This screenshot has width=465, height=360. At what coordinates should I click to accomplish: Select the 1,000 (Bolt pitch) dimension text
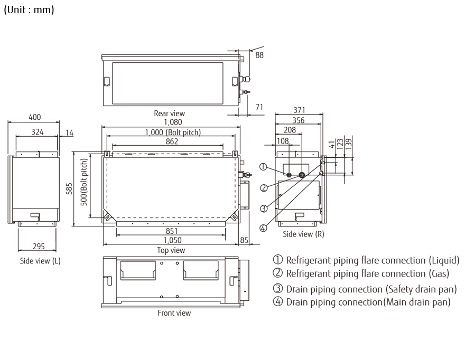(x=173, y=132)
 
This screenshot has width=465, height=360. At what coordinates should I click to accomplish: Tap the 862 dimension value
(x=172, y=141)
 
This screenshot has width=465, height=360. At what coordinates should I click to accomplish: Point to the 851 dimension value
(x=171, y=231)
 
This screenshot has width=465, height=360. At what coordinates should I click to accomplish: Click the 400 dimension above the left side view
(x=34, y=117)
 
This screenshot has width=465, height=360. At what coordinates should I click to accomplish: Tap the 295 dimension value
(x=38, y=246)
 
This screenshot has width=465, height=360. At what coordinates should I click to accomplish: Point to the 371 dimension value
(x=299, y=110)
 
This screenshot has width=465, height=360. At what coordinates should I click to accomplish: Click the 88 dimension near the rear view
(x=259, y=54)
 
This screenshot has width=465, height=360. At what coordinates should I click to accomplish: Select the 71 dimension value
(x=259, y=107)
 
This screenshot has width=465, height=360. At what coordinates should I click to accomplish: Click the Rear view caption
(x=169, y=113)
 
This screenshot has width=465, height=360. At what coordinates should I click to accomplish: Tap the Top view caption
(x=171, y=250)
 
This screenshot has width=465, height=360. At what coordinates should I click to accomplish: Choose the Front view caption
(x=174, y=313)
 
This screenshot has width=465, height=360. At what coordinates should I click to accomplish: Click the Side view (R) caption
(x=303, y=234)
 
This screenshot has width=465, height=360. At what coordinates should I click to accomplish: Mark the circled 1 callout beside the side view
(x=263, y=167)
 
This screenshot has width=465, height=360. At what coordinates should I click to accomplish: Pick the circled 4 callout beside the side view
(x=263, y=228)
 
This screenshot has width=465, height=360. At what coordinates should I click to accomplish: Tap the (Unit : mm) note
(x=29, y=10)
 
